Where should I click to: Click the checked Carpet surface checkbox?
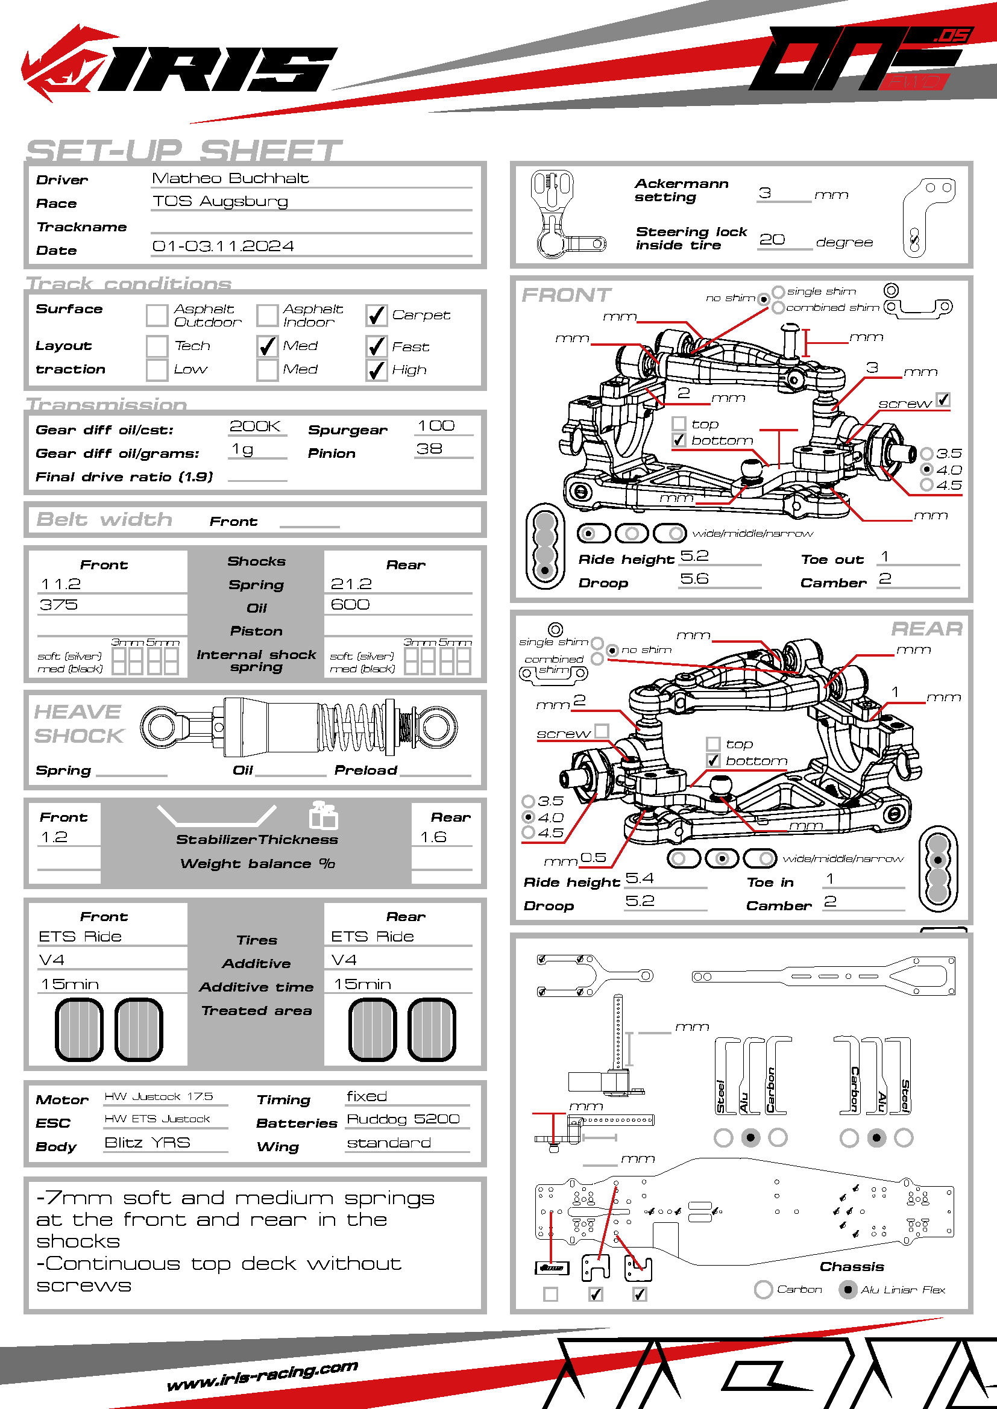(x=376, y=316)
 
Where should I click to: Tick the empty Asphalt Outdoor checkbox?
(x=157, y=316)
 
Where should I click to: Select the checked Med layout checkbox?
(x=267, y=347)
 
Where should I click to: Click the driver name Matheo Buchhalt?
(x=230, y=178)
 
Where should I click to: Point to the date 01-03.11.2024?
(x=223, y=246)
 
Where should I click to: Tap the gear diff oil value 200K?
(x=255, y=426)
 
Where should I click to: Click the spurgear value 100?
(x=436, y=426)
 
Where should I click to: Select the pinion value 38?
(x=429, y=449)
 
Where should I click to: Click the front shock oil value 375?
(x=59, y=605)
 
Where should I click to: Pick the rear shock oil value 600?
(x=350, y=605)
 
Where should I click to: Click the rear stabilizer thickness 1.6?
(x=433, y=837)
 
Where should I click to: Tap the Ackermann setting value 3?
(x=764, y=193)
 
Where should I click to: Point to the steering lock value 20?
(x=772, y=240)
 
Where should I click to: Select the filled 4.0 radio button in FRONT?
(x=927, y=469)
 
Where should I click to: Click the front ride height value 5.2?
(x=694, y=556)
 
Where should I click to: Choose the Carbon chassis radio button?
(x=763, y=1289)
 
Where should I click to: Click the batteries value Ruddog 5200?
(x=403, y=1119)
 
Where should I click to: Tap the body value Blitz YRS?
(x=147, y=1143)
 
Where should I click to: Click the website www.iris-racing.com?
(x=263, y=1376)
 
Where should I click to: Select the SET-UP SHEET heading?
(x=184, y=151)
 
